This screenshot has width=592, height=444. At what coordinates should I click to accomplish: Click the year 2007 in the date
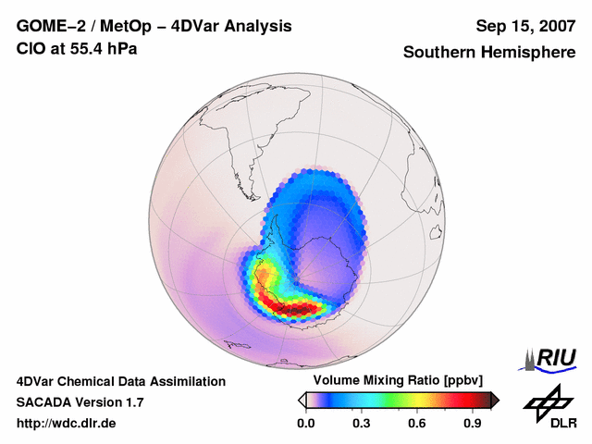pos(554,26)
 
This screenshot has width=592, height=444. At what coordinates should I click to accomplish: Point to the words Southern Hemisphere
pos(488,53)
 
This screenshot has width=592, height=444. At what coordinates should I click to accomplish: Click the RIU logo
pos(552,358)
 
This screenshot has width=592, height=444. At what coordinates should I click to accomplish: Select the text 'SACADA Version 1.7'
pos(80,402)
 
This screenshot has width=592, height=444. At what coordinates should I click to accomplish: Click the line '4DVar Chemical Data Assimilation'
pos(120,381)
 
